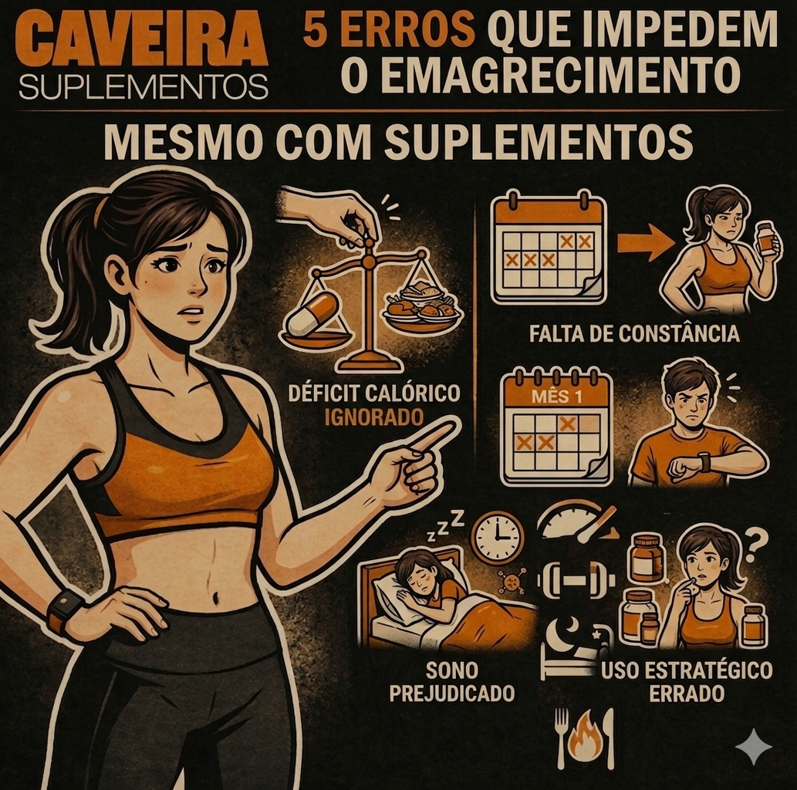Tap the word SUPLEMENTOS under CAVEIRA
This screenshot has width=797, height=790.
(x=143, y=86)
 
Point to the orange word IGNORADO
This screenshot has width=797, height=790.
(x=373, y=417)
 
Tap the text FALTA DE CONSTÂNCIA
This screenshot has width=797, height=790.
(x=634, y=333)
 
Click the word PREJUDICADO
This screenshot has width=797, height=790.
(x=452, y=693)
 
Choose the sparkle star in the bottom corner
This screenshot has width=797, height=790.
(x=754, y=746)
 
